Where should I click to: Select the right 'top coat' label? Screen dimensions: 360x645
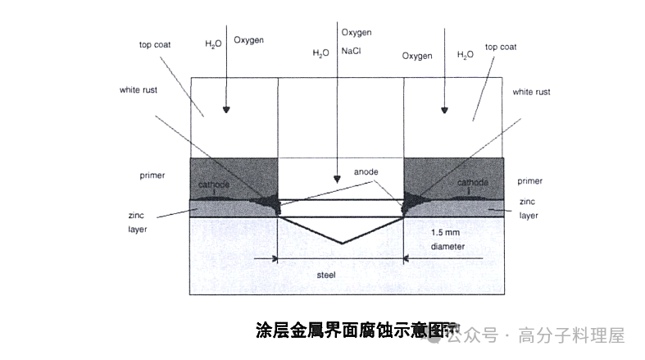(502, 47)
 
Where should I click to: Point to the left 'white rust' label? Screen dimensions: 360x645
(138, 89)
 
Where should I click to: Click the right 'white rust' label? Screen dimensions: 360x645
(531, 92)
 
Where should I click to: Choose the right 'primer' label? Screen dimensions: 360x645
(530, 181)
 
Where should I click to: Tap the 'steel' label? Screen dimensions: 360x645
(326, 275)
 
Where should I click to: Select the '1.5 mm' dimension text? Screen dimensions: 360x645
(447, 232)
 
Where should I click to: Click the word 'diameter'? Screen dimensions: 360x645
(447, 245)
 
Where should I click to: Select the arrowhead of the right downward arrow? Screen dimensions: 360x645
(444, 110)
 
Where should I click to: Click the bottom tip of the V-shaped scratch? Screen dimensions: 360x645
(341, 244)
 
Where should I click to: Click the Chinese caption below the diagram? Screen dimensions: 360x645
(355, 331)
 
